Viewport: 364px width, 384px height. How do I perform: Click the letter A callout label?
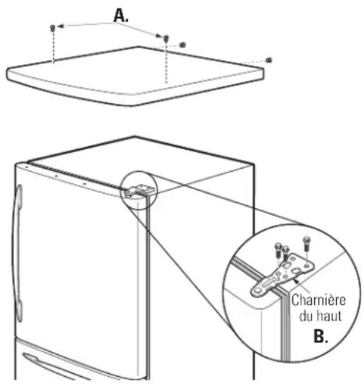(x=121, y=16)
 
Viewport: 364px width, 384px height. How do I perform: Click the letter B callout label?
(x=320, y=336)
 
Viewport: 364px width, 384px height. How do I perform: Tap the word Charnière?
(x=318, y=300)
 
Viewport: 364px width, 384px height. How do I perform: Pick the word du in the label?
(x=306, y=316)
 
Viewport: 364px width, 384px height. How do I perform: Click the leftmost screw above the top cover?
(x=52, y=28)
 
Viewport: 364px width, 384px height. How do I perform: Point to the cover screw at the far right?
(x=269, y=60)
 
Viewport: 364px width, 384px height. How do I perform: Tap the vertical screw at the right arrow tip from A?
(x=166, y=38)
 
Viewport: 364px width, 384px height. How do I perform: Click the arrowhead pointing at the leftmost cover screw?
(x=60, y=26)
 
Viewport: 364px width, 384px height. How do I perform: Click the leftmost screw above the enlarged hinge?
(x=278, y=249)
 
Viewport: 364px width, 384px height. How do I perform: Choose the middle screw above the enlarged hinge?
(x=286, y=253)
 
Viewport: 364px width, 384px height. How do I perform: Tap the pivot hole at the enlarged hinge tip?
(x=256, y=290)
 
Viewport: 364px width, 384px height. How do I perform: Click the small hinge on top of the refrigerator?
(x=139, y=190)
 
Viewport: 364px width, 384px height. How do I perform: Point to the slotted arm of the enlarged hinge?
(x=267, y=284)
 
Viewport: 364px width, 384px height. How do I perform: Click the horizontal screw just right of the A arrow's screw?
(x=182, y=44)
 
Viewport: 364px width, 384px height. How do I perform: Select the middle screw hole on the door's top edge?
(x=56, y=176)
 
